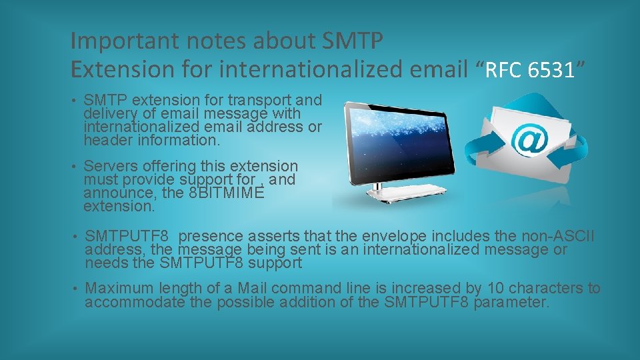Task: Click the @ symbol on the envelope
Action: [x=528, y=141]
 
